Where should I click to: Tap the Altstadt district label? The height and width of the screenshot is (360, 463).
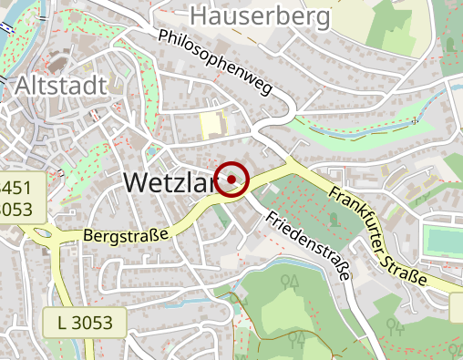point(62,86)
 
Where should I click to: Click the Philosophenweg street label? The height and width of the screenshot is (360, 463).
point(215,63)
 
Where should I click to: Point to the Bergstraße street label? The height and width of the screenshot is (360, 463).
point(126,234)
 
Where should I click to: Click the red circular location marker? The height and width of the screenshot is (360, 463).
point(232,179)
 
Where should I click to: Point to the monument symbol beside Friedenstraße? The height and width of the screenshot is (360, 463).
point(334,219)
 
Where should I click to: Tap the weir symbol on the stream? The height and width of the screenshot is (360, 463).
point(416,119)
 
